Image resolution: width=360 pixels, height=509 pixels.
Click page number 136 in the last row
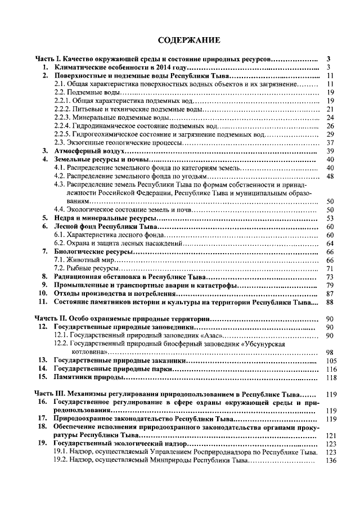coord(331,461)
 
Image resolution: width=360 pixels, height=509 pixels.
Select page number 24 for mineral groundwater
coord(331,118)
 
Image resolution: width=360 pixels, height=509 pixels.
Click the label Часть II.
coord(49,319)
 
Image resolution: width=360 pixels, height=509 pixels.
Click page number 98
coord(331,352)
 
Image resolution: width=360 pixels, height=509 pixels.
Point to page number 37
coord(331,143)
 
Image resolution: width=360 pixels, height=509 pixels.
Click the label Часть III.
coord(51,394)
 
